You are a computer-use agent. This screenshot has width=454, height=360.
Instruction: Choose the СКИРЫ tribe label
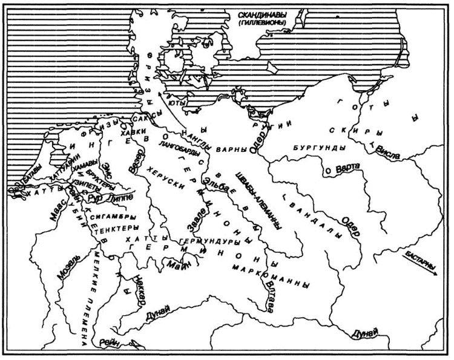pos(347,131)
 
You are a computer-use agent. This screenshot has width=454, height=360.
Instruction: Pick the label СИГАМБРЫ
pos(114,216)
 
